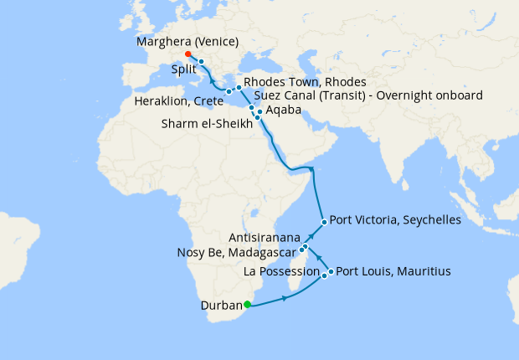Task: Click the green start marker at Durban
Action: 247,305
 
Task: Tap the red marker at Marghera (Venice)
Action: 188,54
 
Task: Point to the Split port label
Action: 184,69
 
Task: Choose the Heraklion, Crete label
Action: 179,101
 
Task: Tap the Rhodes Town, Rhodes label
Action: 305,82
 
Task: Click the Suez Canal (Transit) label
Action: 367,96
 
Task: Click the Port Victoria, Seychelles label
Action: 395,220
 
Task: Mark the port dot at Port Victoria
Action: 324,222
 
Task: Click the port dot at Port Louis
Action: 331,272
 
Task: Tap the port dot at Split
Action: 202,62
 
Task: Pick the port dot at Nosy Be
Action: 302,251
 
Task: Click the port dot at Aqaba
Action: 260,111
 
